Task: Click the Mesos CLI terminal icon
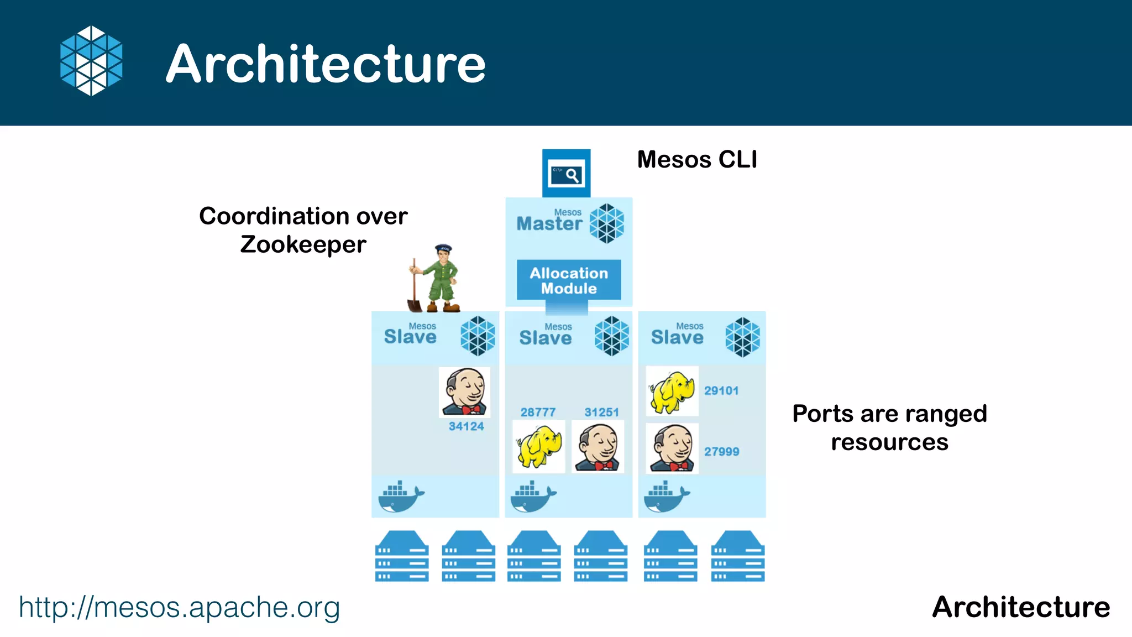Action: tap(566, 174)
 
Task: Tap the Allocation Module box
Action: tap(569, 280)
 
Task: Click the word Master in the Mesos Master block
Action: tap(549, 224)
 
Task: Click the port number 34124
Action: tap(466, 426)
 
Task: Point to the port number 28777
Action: tap(538, 412)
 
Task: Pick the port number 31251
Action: tap(601, 412)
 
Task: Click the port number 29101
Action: tap(721, 391)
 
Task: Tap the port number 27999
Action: tap(721, 452)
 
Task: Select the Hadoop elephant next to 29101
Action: tap(672, 391)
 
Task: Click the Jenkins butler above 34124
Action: tap(465, 393)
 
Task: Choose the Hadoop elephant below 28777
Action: tap(538, 446)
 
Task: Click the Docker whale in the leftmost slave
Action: tap(401, 496)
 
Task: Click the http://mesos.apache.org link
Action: tap(179, 607)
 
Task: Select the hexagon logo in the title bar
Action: tap(91, 61)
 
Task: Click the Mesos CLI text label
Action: tap(697, 160)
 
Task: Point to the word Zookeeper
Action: tap(303, 244)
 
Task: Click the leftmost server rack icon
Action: tap(402, 556)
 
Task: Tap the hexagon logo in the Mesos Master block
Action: tap(606, 224)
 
